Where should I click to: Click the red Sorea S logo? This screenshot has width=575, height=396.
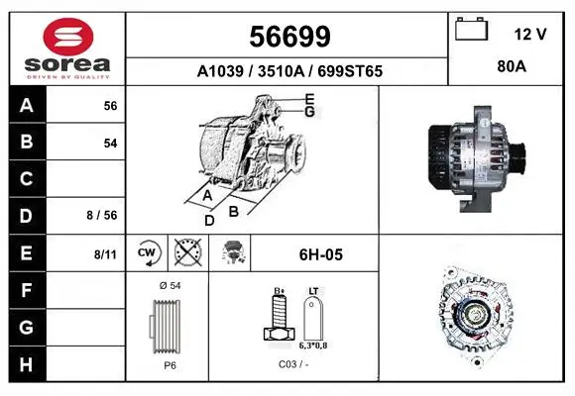coord(68,37)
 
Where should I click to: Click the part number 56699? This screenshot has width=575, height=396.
coord(289,37)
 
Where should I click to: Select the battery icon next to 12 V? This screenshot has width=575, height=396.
coord(472,29)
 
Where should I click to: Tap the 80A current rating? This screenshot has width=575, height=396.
coord(512,66)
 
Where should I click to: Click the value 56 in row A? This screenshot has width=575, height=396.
coord(110,106)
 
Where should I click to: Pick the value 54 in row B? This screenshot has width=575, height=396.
coord(110,144)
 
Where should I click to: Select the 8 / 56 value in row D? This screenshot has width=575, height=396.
coord(102,216)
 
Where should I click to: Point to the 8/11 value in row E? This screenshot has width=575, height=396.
coord(105,254)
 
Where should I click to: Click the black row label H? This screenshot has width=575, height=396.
coord(27,364)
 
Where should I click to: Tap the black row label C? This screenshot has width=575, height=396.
coord(27,179)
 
